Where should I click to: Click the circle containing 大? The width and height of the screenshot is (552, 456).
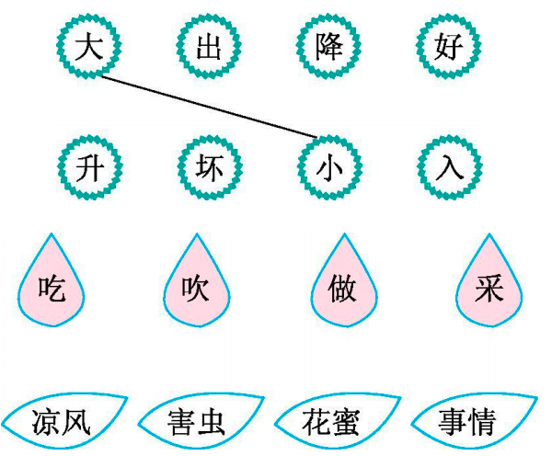coord(88,45)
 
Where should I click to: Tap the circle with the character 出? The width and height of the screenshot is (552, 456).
coord(209,45)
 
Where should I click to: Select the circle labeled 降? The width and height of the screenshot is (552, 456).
coord(328,45)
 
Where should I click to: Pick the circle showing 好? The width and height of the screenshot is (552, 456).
coord(448,45)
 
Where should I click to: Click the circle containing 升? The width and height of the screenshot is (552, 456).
coord(88,167)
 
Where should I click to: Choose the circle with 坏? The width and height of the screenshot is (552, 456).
coord(209,167)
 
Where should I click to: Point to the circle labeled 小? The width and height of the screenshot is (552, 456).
coord(328,167)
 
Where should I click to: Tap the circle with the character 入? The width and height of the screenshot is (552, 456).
coord(448,167)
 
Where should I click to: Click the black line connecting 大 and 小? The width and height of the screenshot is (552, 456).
coord(212,106)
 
